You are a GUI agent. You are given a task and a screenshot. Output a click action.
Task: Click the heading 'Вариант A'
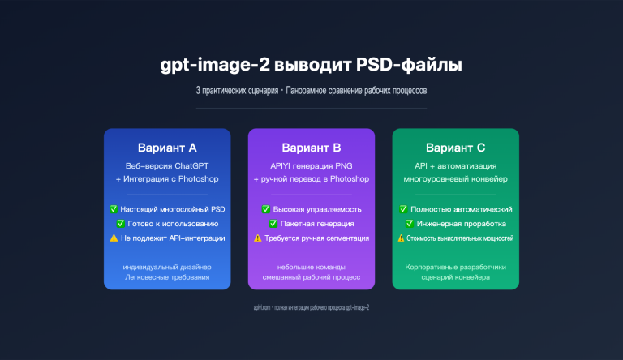tap(168, 148)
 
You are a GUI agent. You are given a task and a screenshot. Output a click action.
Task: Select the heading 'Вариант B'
tap(311, 148)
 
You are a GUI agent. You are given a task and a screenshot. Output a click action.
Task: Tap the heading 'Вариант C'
tap(455, 148)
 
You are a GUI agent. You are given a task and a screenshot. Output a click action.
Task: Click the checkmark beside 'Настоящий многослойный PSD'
tap(114, 209)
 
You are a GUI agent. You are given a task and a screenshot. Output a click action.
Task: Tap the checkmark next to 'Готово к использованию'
tap(122, 223)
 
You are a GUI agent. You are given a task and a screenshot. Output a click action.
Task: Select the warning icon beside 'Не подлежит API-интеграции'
tap(114, 238)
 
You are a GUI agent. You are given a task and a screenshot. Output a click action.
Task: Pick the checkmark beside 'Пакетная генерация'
tap(273, 223)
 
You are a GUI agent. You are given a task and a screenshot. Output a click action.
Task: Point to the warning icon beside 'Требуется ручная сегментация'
tap(257, 238)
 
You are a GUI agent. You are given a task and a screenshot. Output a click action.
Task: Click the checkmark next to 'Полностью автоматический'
tap(404, 209)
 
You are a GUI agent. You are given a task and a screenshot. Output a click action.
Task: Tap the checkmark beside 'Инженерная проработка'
tap(410, 223)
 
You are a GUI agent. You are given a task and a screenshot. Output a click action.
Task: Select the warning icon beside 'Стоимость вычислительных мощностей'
tap(401, 238)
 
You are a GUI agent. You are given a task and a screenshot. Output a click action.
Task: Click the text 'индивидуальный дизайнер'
tap(168, 267)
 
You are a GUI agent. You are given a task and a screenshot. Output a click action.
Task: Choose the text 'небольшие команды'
tap(311, 267)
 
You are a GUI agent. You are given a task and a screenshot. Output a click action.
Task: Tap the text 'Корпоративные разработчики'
tap(455, 267)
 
